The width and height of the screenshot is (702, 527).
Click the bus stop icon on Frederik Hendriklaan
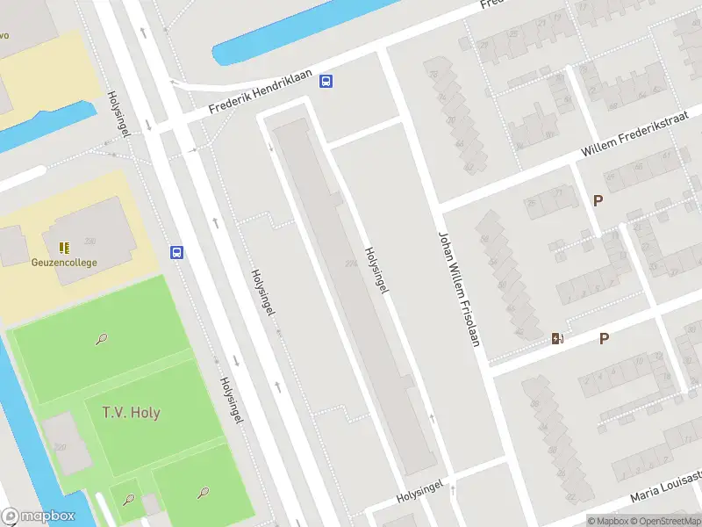click(x=326, y=82)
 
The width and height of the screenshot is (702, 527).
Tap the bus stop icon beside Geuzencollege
click(x=177, y=253)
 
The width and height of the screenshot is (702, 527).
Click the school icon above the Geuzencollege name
click(x=63, y=248)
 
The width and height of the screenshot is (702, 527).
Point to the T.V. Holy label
click(x=131, y=412)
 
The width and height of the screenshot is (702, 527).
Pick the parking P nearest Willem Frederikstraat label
click(x=598, y=200)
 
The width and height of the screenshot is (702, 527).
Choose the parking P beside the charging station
click(x=604, y=338)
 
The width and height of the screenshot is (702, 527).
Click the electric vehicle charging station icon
click(x=557, y=338)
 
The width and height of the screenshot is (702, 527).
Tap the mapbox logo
click(x=39, y=516)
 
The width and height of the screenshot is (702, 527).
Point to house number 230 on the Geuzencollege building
click(x=89, y=241)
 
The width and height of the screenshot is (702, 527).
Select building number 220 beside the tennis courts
click(x=60, y=447)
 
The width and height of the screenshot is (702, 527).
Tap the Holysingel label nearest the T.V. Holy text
click(x=231, y=401)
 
